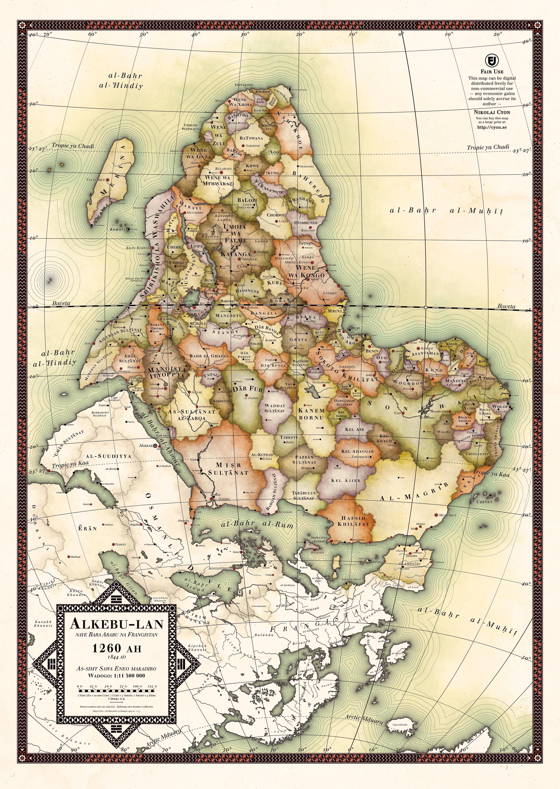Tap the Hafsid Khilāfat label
coord(353,521)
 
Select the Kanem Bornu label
coord(311,414)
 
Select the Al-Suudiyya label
coord(108,456)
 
